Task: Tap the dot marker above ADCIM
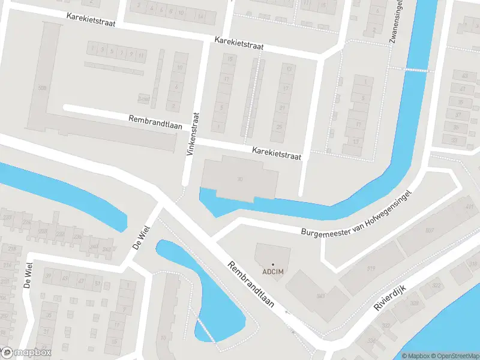(x=272, y=265)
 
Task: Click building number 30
(x=240, y=179)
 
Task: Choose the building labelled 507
(x=430, y=230)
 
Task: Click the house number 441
(x=469, y=207)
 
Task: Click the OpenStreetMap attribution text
(x=454, y=355)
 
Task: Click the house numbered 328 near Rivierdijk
(x=414, y=303)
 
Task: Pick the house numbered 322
(x=436, y=285)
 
